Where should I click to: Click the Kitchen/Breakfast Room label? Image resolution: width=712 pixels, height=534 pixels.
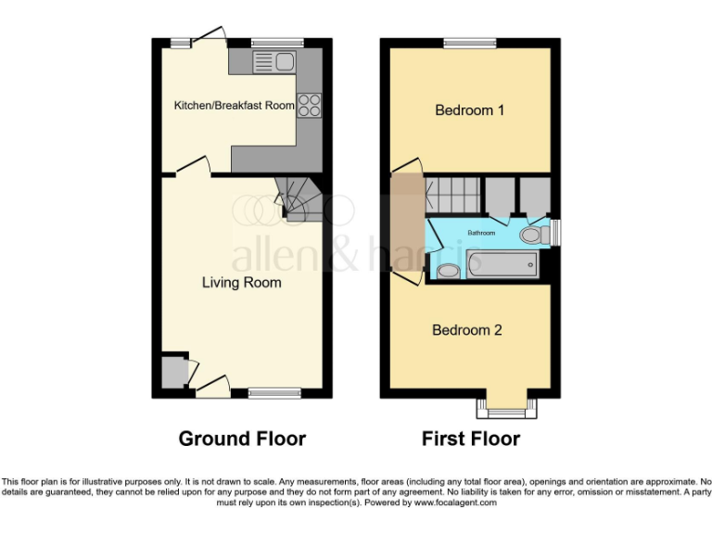pyautogui.click(x=234, y=106)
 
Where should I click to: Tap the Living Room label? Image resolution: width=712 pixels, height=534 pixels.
pyautogui.click(x=241, y=282)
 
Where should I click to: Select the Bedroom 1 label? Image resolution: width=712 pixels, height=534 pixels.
pyautogui.click(x=470, y=110)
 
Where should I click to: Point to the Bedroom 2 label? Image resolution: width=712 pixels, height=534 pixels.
pyautogui.click(x=467, y=330)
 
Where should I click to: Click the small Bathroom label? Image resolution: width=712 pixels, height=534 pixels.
pyautogui.click(x=481, y=233)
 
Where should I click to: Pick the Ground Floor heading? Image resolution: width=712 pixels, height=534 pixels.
pyautogui.click(x=242, y=439)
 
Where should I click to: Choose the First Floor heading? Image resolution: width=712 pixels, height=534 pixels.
pyautogui.click(x=471, y=439)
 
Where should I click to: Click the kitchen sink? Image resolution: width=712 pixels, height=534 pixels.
pyautogui.click(x=274, y=62)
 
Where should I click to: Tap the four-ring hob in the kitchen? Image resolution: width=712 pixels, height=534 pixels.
pyautogui.click(x=308, y=106)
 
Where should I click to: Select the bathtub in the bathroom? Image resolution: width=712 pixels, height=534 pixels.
pyautogui.click(x=502, y=265)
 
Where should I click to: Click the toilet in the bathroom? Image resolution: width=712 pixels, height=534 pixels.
pyautogui.click(x=532, y=235)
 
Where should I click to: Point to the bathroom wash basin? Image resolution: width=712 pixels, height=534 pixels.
pyautogui.click(x=447, y=271)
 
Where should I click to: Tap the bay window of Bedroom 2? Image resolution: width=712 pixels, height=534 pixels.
pyautogui.click(x=505, y=405)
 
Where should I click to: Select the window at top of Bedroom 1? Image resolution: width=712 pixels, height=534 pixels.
pyautogui.click(x=470, y=43)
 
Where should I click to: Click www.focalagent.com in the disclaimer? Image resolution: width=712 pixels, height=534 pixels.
pyautogui.click(x=455, y=502)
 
